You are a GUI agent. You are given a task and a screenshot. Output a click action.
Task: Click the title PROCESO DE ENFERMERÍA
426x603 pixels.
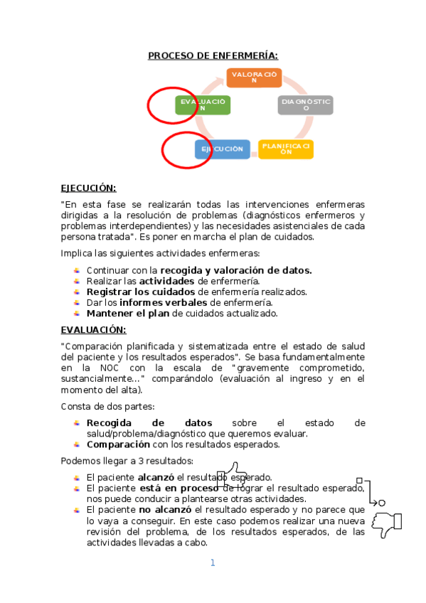coord(213,56)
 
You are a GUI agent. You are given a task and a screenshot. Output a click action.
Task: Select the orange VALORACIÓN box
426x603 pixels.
coord(254,78)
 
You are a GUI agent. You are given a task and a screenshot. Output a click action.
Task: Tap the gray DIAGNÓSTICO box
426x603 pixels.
coord(305,105)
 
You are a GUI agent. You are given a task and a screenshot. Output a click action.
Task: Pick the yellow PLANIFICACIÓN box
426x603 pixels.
coord(286,149)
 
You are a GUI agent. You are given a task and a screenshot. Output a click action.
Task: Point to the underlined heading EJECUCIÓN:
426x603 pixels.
coord(88,188)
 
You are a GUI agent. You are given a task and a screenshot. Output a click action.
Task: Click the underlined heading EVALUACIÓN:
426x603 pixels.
coord(93,330)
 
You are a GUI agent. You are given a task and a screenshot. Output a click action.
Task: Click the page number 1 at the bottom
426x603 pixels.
coord(212,563)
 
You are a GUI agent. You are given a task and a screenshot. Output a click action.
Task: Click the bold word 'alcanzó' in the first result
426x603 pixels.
coord(156,477)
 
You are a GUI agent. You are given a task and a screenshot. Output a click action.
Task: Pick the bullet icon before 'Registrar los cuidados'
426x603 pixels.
coord(77,292)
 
